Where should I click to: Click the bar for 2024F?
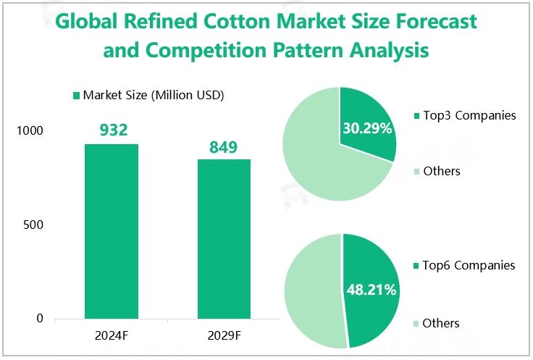point(112,231)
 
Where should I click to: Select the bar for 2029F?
point(224,239)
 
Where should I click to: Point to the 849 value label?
point(224,147)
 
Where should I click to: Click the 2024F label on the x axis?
point(112,335)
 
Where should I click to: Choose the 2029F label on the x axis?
point(224,335)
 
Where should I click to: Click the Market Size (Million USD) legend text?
point(153,95)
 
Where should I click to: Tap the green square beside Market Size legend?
point(76,96)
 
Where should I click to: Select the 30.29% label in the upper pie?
point(367,129)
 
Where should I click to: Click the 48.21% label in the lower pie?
point(371,290)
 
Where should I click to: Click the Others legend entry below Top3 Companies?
point(441,171)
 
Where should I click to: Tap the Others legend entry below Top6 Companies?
point(441,323)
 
